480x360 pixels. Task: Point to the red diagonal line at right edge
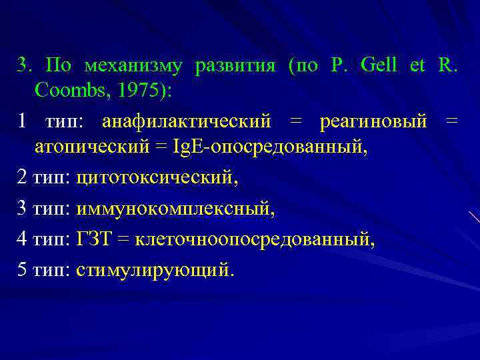coord(474,217)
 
